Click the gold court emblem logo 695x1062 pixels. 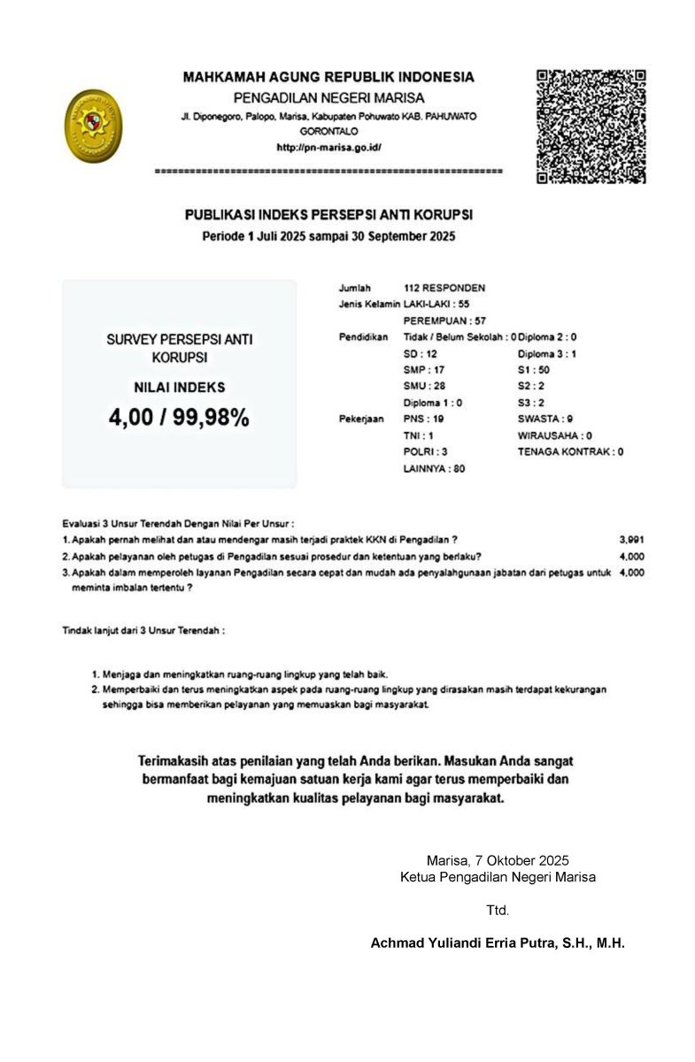[x=94, y=125]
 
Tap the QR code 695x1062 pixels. [x=591, y=127]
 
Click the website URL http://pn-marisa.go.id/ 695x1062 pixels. [x=328, y=148]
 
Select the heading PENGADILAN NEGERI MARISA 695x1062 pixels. [x=328, y=97]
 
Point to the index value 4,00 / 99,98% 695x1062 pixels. [x=179, y=418]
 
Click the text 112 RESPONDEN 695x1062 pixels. [x=444, y=289]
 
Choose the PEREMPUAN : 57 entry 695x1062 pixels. [x=444, y=320]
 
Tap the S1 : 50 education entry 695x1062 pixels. [x=534, y=370]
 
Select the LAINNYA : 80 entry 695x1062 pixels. [x=434, y=468]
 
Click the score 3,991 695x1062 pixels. [x=632, y=538]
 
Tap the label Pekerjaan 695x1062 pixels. [x=361, y=419]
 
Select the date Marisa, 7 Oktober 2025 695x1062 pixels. [x=497, y=860]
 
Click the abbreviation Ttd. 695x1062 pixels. [x=498, y=910]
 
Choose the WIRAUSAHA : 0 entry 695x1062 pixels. [x=555, y=435]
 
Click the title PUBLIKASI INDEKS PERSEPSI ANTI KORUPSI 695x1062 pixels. [x=328, y=215]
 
